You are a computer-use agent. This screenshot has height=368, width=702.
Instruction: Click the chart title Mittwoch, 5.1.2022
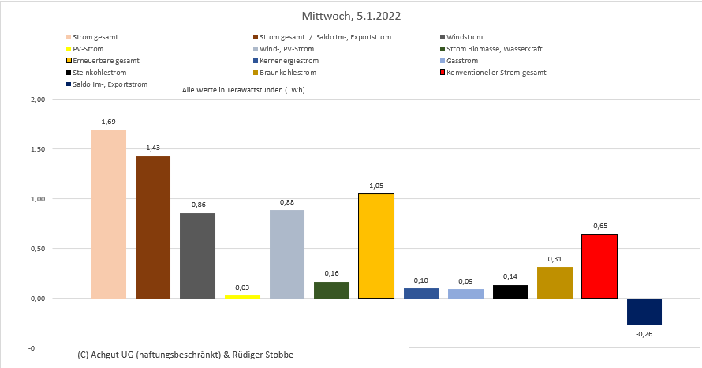(x=350, y=16)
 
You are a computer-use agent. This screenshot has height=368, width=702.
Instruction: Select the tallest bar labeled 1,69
(x=108, y=213)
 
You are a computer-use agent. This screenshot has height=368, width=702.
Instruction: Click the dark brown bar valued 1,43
(x=153, y=227)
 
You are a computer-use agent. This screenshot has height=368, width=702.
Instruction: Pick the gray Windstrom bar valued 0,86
(x=197, y=256)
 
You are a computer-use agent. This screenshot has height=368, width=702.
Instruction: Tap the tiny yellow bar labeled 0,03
(x=242, y=296)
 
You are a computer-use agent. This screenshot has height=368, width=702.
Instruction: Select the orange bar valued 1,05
(x=376, y=246)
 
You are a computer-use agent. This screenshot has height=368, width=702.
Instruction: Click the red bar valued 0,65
(x=599, y=266)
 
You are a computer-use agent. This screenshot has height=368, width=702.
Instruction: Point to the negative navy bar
(x=644, y=311)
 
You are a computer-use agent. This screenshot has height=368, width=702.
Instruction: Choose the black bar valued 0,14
(x=510, y=291)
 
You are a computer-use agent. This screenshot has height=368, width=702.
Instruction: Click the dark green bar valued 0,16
(x=331, y=290)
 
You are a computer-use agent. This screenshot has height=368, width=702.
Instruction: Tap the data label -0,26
(x=644, y=333)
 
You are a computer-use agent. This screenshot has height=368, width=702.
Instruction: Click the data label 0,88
(x=287, y=202)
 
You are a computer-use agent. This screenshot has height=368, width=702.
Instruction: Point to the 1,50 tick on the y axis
(x=37, y=149)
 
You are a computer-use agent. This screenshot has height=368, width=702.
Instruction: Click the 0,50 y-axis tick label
(x=37, y=249)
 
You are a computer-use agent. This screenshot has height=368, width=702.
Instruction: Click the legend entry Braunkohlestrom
(x=289, y=73)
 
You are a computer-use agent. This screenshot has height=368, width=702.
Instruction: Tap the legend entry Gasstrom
(x=461, y=61)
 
